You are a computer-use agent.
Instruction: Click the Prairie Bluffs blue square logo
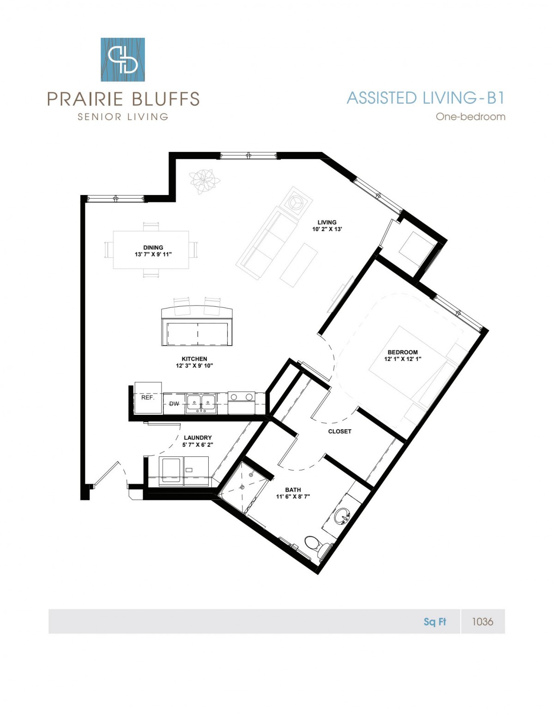tap(123, 60)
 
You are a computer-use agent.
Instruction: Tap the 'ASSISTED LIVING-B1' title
tap(426, 98)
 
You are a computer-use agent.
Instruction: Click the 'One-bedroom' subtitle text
tap(470, 116)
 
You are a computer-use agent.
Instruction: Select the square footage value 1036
tap(482, 621)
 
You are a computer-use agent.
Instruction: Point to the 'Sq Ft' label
tap(435, 622)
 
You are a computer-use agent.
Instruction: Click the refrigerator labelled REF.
tap(148, 398)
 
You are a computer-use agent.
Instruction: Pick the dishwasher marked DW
tap(174, 403)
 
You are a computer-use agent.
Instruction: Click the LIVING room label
tap(327, 222)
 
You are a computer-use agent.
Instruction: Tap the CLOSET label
tap(340, 431)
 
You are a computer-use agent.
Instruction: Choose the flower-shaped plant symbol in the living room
tap(205, 182)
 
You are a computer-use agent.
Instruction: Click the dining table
tap(151, 250)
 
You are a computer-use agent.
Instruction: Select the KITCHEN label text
tap(194, 358)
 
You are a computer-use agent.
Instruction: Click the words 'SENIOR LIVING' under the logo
tap(123, 116)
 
